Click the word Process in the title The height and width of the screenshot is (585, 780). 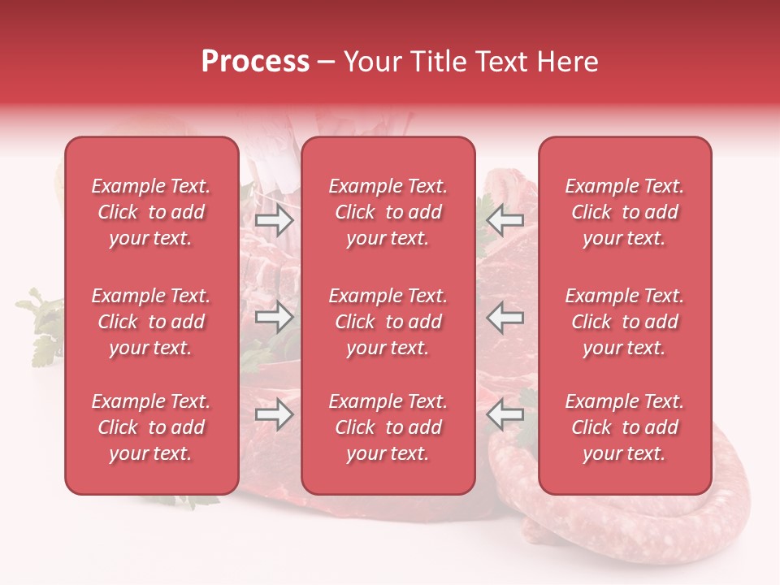click(x=254, y=62)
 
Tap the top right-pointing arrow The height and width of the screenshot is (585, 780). click(x=274, y=219)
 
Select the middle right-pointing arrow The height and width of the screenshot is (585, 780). click(x=274, y=317)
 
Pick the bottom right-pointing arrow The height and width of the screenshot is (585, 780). click(x=274, y=415)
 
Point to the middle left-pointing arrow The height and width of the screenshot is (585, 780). click(x=505, y=317)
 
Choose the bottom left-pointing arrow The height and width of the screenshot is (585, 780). click(x=505, y=415)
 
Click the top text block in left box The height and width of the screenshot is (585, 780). click(x=151, y=212)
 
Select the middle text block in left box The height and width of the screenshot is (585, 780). click(x=151, y=322)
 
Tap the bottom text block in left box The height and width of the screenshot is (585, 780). click(x=151, y=427)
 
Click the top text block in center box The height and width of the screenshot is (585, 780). click(x=388, y=212)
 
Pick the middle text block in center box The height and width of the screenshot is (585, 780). click(x=388, y=322)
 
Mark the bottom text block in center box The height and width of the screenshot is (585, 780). click(x=388, y=427)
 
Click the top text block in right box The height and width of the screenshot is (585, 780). click(x=625, y=212)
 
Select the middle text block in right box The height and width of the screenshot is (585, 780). click(x=625, y=322)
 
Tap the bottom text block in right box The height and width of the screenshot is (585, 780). click(x=625, y=427)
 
